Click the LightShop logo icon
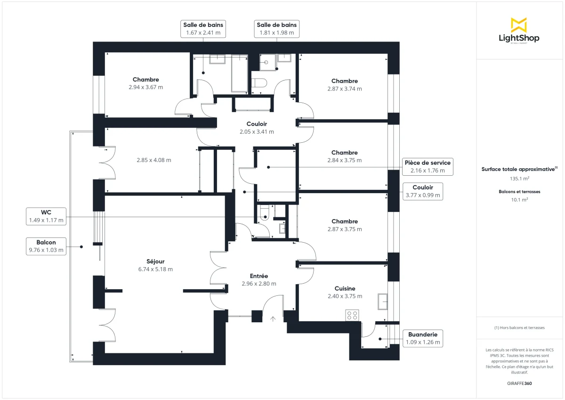[518, 24]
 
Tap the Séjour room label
[155, 261]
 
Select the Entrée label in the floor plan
[258, 276]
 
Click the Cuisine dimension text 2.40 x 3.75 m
[345, 296]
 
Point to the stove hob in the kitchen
[352, 315]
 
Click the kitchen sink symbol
[383, 301]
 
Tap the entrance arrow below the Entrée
[273, 319]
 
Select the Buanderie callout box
[422, 338]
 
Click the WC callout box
[46, 216]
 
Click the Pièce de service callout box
[428, 167]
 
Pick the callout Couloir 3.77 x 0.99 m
[423, 191]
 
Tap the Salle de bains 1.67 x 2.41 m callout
[203, 29]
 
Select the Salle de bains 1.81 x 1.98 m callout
[277, 29]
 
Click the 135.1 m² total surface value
[519, 179]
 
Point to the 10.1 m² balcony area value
[519, 199]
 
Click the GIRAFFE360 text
[519, 384]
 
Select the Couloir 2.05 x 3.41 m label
[257, 128]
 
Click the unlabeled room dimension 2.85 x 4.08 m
[154, 160]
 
